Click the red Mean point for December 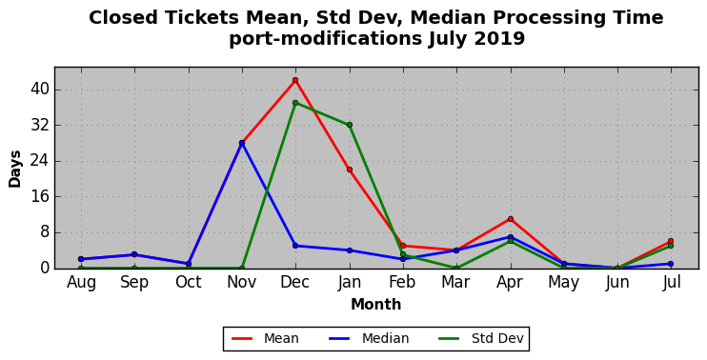(295, 80)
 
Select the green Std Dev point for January (350, 125)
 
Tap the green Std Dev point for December (295, 103)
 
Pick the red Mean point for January (350, 170)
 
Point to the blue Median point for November (242, 143)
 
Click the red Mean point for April (511, 219)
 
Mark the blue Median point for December (295, 246)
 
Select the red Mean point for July (671, 241)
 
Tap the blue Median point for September (134, 254)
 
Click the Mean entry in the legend (265, 338)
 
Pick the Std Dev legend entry (481, 338)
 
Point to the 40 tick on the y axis (39, 90)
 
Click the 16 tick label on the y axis (39, 197)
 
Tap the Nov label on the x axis (242, 283)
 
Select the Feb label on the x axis (403, 283)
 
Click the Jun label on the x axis (617, 283)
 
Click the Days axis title (15, 169)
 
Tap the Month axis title (376, 305)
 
